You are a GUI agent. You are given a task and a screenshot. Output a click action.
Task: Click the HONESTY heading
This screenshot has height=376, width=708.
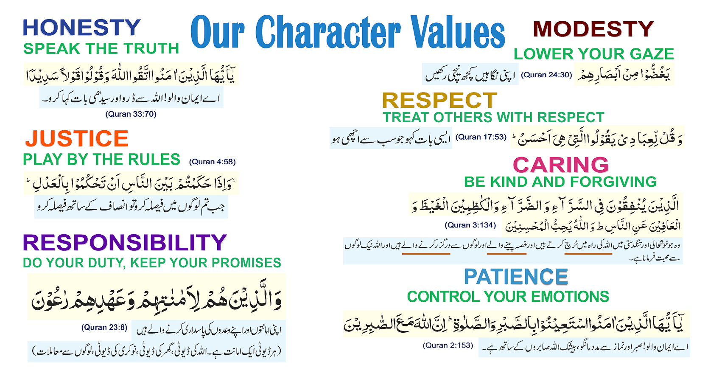(81, 28)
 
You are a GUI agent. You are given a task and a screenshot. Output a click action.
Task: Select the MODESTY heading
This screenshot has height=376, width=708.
(593, 29)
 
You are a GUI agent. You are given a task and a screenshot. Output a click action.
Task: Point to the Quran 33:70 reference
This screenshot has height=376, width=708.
(131, 114)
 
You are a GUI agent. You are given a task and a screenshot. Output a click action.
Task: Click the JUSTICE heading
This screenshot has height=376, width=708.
(77, 138)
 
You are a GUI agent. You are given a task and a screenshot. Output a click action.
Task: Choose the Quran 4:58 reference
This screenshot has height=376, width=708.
(213, 162)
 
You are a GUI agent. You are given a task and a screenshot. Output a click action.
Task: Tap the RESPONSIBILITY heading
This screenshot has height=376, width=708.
(125, 243)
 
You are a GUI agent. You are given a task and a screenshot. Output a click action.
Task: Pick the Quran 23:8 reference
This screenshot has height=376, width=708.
(104, 327)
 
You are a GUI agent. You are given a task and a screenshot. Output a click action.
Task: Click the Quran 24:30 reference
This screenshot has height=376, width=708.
(546, 75)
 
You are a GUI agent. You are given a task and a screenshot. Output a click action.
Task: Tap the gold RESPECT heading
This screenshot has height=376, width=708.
(439, 101)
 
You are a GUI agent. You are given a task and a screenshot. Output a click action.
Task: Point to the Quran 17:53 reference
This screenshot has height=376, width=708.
(481, 137)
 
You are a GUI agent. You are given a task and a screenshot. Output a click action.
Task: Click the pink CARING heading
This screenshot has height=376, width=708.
(561, 165)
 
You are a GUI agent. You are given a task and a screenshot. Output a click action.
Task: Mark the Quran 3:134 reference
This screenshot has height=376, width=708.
(470, 225)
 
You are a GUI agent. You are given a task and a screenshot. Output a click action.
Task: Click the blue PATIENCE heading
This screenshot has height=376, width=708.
(516, 277)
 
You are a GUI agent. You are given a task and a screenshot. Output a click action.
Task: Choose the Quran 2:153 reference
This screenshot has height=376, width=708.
(448, 345)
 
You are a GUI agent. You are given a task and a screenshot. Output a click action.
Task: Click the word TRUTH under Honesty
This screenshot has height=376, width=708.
(151, 49)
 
